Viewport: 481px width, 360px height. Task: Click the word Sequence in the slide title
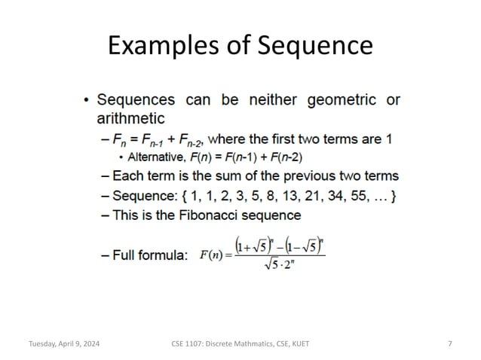click(315, 47)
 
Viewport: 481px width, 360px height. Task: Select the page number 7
click(450, 344)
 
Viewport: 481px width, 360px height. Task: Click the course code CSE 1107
click(185, 344)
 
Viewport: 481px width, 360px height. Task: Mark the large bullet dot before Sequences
click(87, 101)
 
